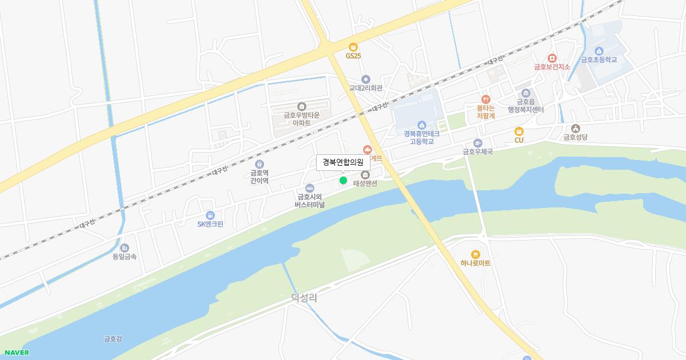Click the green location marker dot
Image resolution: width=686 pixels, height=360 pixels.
click(x=343, y=181)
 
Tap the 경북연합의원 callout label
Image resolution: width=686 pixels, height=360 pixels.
click(x=343, y=162)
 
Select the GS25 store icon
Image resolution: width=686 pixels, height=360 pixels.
click(x=353, y=47)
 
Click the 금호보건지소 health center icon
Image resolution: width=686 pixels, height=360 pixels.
click(x=552, y=58)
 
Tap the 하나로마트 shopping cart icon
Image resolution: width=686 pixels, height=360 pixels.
click(x=475, y=254)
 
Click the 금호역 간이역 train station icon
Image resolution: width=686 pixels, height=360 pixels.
click(x=260, y=164)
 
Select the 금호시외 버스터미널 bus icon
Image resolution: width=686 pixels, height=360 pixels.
click(x=310, y=188)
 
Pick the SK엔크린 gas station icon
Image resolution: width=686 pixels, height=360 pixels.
click(x=210, y=215)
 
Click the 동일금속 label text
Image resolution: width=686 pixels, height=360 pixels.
click(x=125, y=257)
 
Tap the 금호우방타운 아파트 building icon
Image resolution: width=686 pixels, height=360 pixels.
click(x=302, y=106)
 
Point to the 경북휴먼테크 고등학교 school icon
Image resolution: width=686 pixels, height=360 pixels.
click(x=422, y=125)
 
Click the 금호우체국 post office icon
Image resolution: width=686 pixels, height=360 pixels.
click(x=478, y=143)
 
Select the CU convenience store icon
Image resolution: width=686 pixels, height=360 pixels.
click(x=519, y=131)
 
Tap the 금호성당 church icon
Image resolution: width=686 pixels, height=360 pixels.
click(x=575, y=129)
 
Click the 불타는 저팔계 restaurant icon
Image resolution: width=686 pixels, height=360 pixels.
click(x=486, y=99)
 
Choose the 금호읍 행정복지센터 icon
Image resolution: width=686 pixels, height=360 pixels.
click(x=526, y=93)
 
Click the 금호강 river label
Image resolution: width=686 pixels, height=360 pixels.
click(x=113, y=339)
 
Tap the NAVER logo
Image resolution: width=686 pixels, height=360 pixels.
click(x=17, y=353)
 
